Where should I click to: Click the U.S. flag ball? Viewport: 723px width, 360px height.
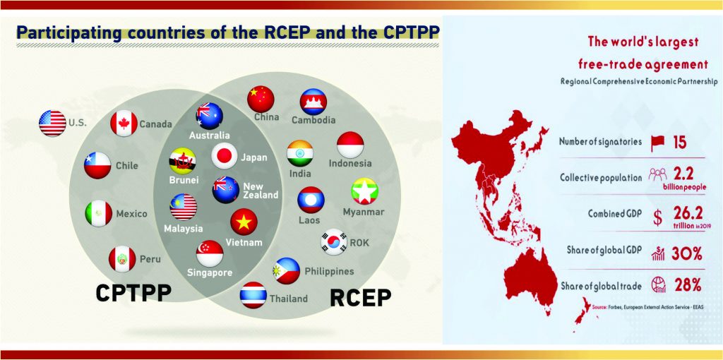pyautogui.click(x=52, y=124)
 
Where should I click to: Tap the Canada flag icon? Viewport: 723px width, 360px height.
pyautogui.click(x=124, y=124)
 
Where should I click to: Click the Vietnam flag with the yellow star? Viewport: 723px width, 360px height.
pyautogui.click(x=244, y=222)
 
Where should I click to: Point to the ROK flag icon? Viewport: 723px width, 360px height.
pyautogui.click(x=334, y=243)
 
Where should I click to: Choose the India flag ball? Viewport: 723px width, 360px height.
pyautogui.click(x=299, y=153)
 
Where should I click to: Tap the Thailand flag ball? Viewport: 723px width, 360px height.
pyautogui.click(x=253, y=295)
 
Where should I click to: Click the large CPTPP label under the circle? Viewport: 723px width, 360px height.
pyautogui.click(x=133, y=293)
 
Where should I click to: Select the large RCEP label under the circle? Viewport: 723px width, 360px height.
pyautogui.click(x=361, y=298)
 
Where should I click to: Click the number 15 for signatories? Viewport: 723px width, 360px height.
pyautogui.click(x=679, y=142)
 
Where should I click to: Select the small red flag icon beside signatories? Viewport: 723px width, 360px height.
pyautogui.click(x=656, y=142)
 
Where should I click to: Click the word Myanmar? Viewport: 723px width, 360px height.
pyautogui.click(x=363, y=212)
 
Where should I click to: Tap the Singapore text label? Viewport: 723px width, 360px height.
pyautogui.click(x=210, y=272)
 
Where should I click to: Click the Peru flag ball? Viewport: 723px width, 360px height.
pyautogui.click(x=121, y=259)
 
